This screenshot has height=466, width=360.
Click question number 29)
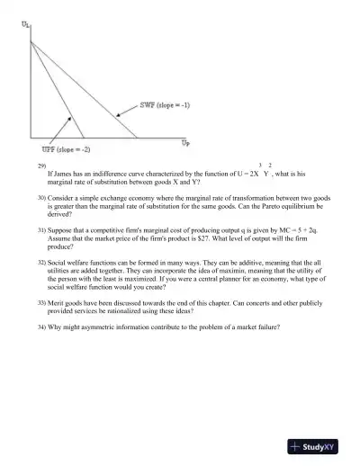[40, 167]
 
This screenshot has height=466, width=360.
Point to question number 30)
[41, 195]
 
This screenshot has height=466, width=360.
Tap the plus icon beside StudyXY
[295, 447]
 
